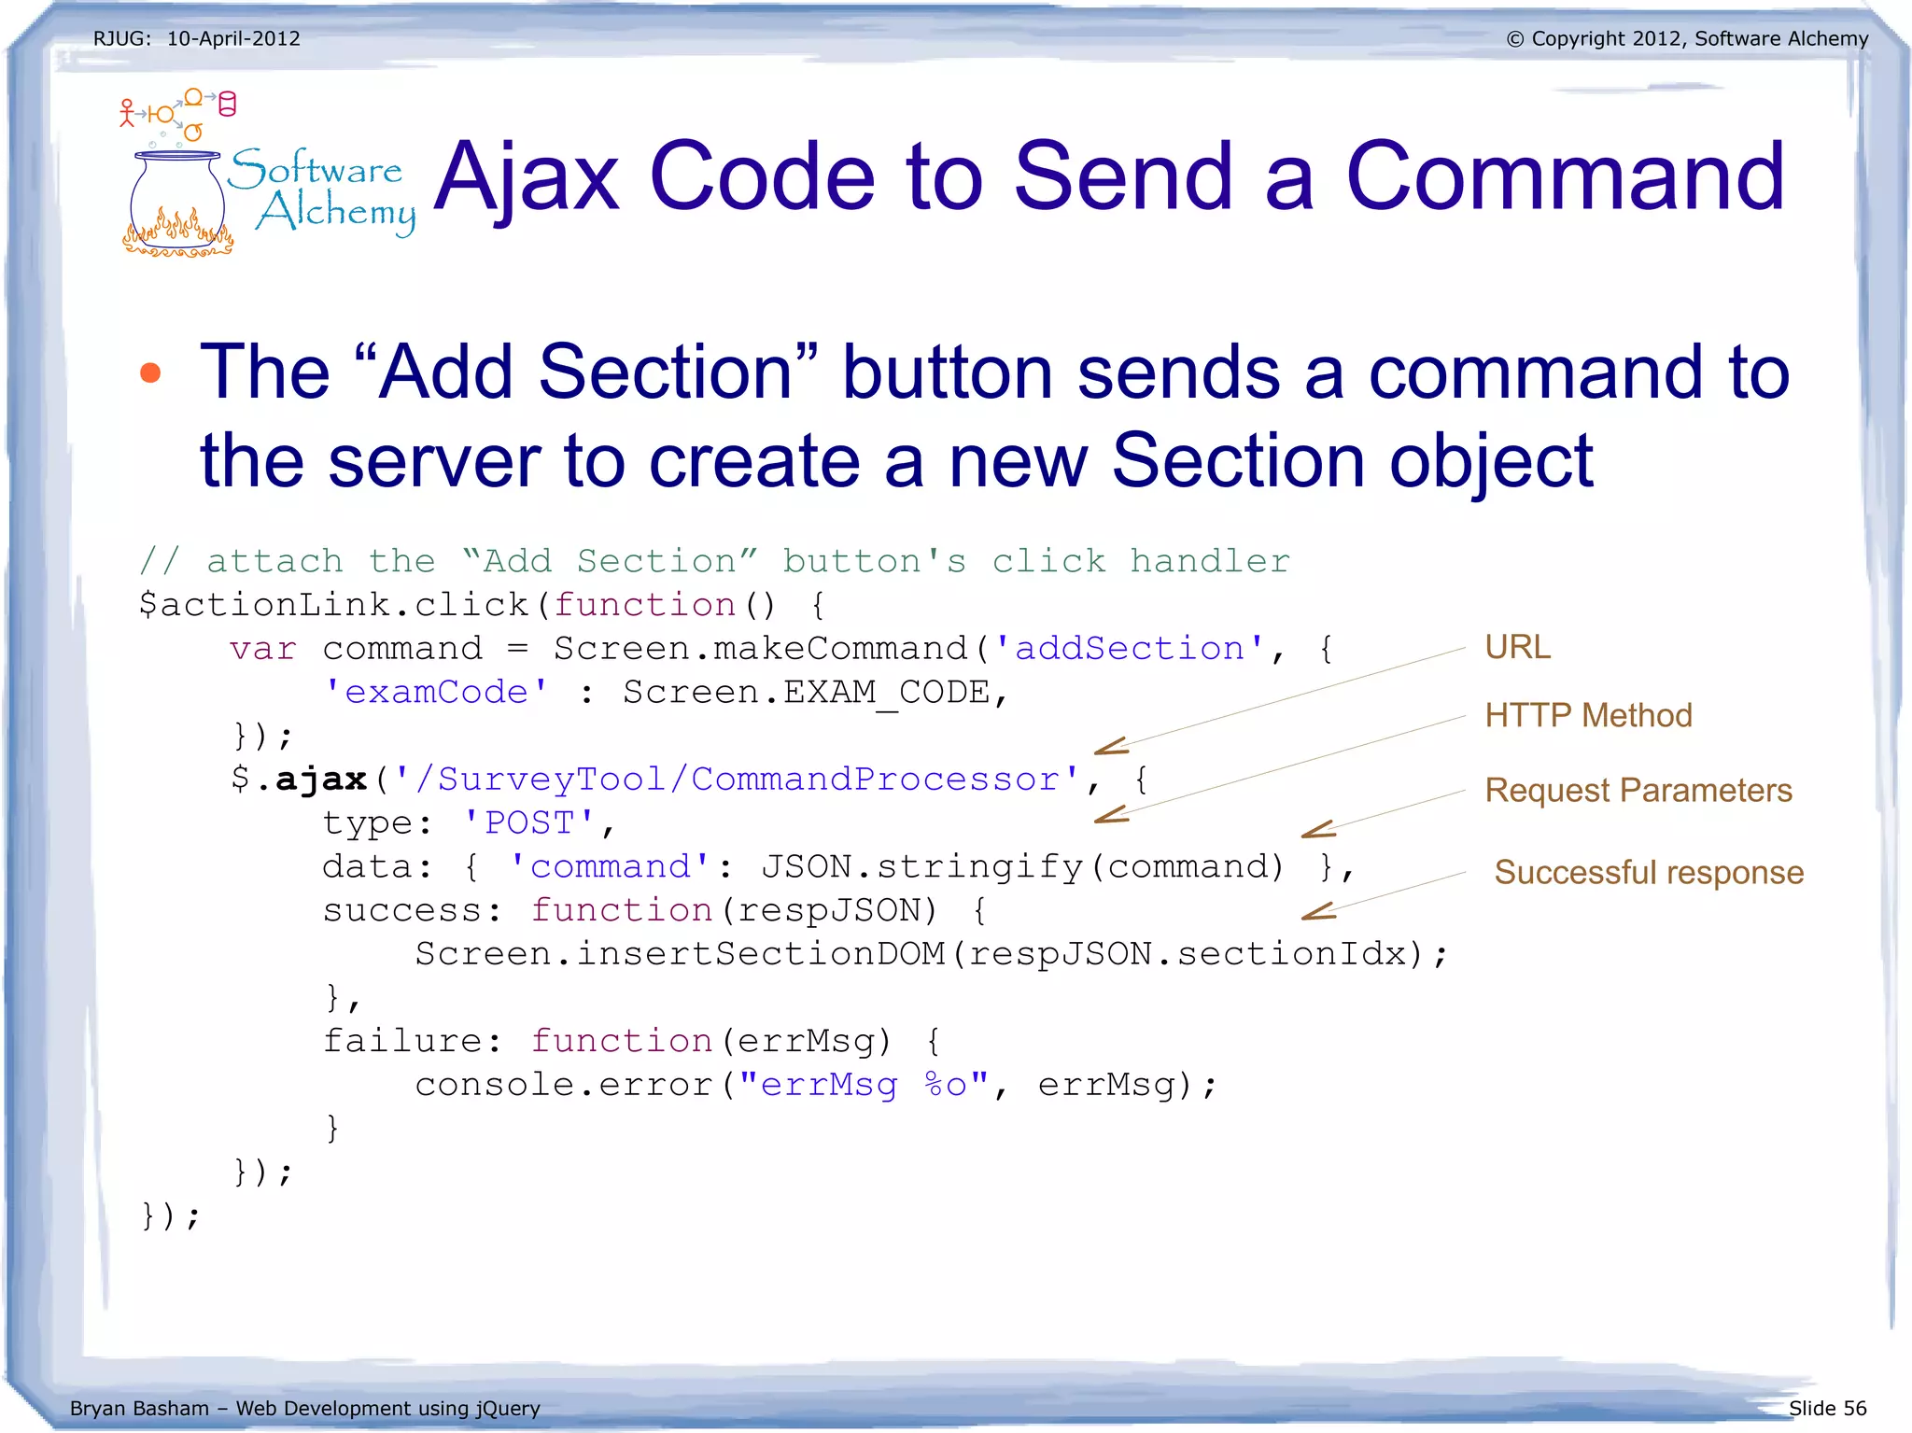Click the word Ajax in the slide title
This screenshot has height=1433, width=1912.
pos(527,177)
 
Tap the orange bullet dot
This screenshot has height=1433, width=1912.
pos(149,373)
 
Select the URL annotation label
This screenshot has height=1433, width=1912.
pos(1517,647)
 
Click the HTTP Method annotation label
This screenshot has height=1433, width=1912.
pos(1588,716)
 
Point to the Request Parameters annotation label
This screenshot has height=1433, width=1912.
pos(1638,791)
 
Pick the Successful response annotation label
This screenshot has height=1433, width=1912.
pos(1649,873)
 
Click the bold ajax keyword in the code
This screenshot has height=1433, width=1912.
pos(321,780)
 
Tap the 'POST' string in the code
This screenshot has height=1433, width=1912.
pos(529,823)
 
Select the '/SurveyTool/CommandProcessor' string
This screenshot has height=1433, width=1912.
pos(737,780)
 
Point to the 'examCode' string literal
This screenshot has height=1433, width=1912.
pos(436,693)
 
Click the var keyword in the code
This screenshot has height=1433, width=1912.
pos(263,649)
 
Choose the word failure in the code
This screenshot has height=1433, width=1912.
pos(402,1041)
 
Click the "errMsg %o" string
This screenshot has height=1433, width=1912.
pos(864,1085)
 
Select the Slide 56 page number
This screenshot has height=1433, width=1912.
pos(1827,1408)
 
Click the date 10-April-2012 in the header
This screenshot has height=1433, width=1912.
pos(233,39)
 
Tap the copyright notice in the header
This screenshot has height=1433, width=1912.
pos(1687,39)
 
